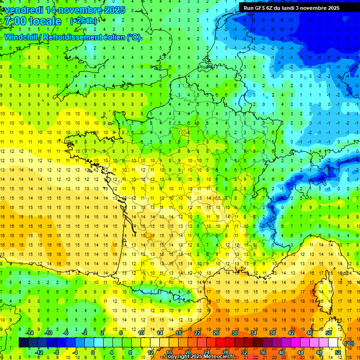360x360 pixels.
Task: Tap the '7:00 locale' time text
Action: (33, 21)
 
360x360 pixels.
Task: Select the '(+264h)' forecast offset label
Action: (83, 21)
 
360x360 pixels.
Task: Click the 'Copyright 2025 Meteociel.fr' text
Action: (199, 357)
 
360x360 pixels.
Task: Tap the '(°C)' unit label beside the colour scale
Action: (349, 343)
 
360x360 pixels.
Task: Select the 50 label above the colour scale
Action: (329, 333)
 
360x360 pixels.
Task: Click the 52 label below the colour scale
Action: (338, 352)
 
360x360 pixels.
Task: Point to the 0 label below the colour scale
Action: (93, 352)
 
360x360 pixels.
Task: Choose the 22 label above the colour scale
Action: (197, 333)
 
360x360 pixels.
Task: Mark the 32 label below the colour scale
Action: (244, 352)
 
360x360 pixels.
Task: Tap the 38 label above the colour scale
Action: (272, 333)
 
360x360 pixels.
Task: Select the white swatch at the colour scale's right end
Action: (333, 343)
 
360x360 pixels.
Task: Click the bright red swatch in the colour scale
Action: (221, 343)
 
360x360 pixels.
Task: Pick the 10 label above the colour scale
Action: (141, 333)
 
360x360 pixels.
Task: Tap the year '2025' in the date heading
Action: (114, 10)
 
